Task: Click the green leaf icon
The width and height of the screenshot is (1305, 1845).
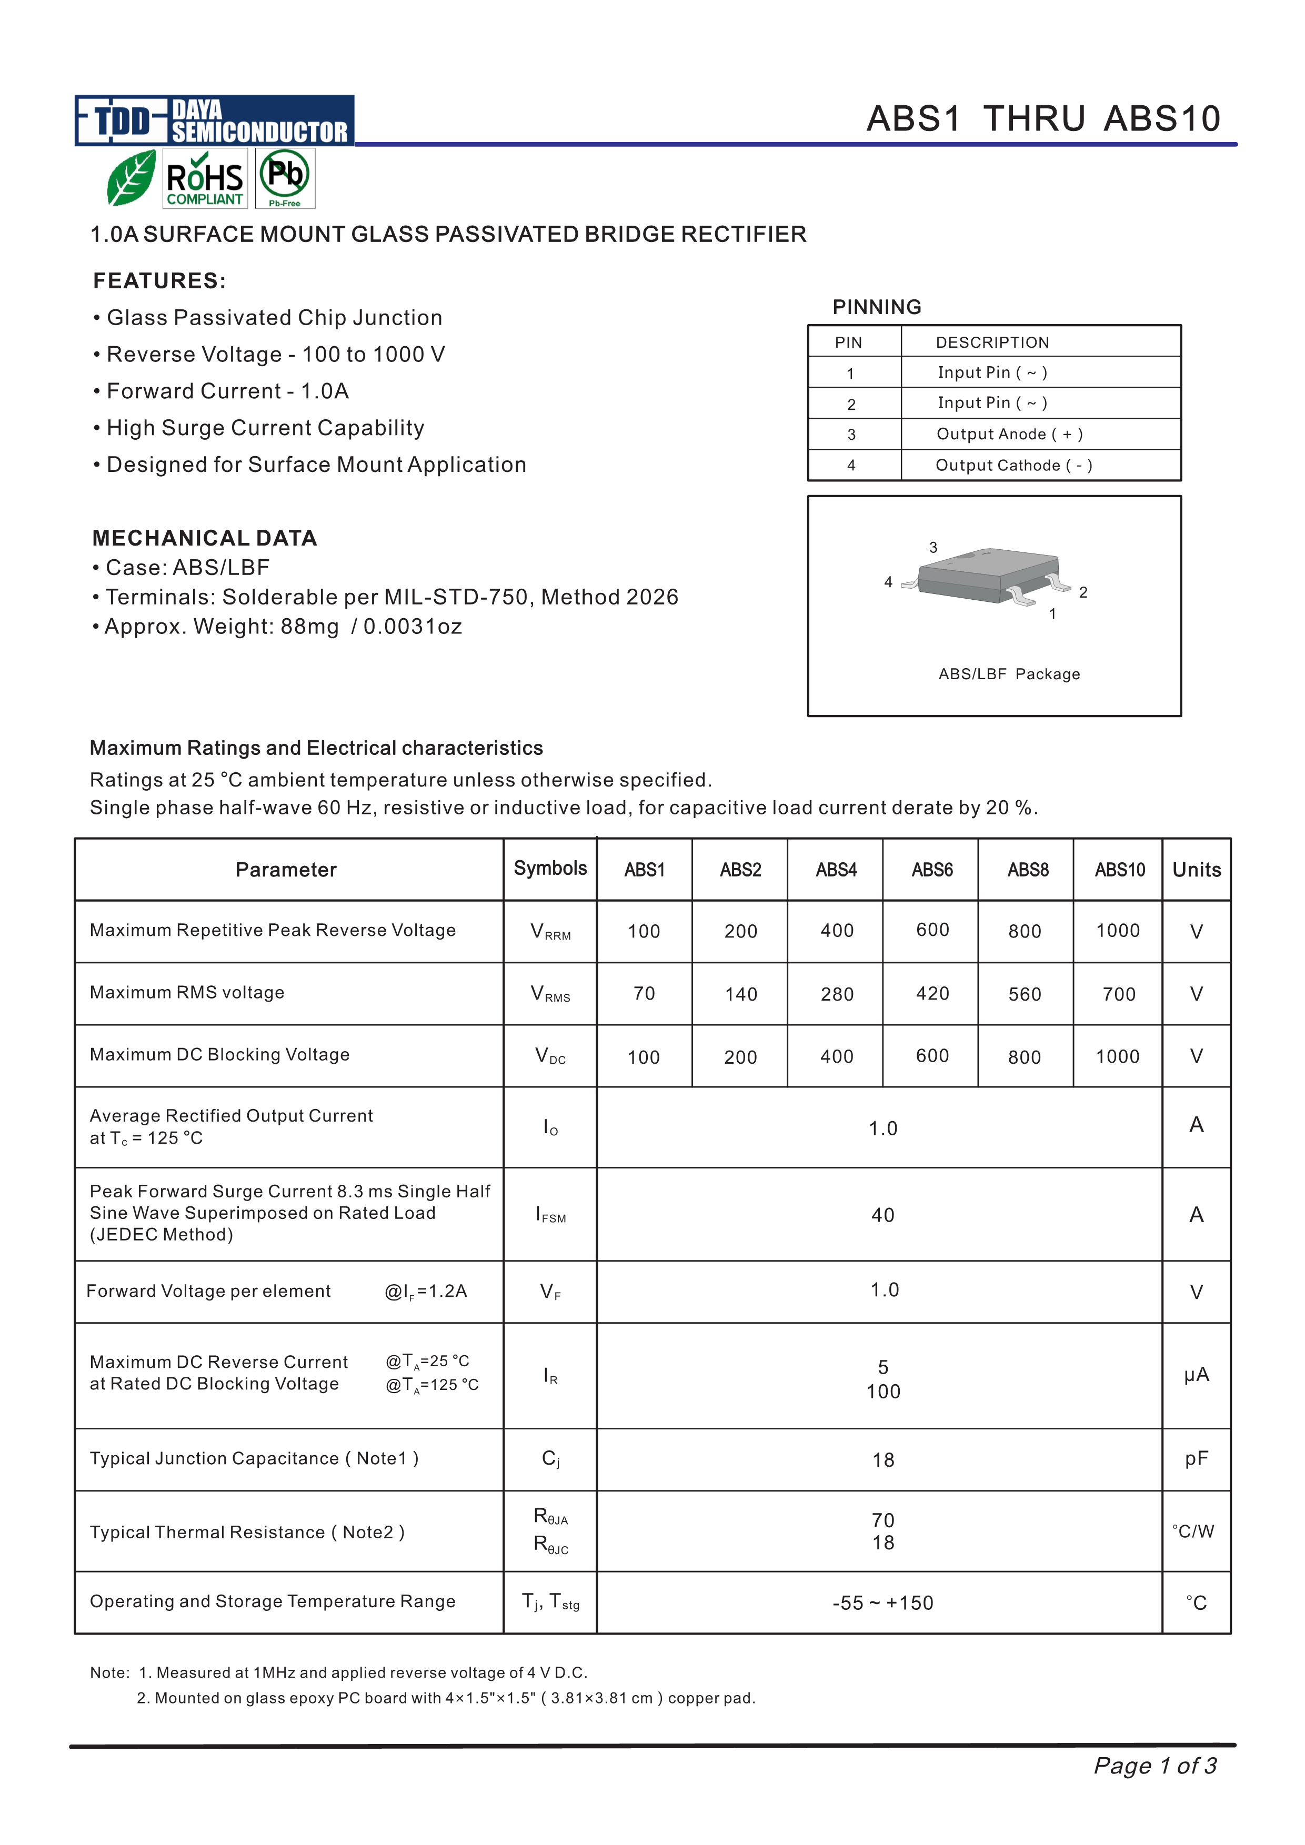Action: tap(131, 178)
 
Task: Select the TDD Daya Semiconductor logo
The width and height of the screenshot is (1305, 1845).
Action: tap(215, 120)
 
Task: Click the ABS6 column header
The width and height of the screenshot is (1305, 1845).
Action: tap(931, 870)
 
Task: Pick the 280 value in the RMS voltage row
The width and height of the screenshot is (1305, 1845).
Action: tap(837, 995)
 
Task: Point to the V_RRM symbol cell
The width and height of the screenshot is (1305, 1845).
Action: tap(550, 932)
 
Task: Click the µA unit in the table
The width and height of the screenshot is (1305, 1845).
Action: tap(1196, 1375)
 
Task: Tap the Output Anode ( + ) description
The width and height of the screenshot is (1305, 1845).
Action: tap(1009, 435)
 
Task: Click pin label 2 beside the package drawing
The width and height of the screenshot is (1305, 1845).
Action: tap(1083, 592)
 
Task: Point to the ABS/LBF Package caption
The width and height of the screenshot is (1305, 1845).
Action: tap(1009, 674)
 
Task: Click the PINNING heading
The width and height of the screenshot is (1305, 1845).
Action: tap(877, 307)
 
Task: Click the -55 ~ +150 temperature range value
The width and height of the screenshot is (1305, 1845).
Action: tap(882, 1603)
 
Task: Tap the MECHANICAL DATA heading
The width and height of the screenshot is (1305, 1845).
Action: tap(205, 538)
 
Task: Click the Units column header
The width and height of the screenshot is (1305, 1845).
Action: tap(1196, 870)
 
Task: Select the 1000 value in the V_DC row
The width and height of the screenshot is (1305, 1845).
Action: tap(1117, 1057)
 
